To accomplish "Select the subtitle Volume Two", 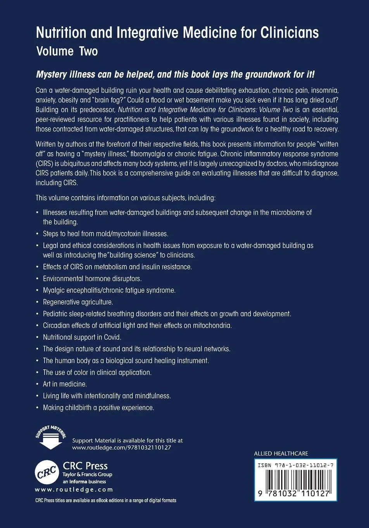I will (x=67, y=51).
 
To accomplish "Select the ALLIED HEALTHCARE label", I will (x=281, y=453).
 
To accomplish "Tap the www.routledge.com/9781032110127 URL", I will (x=122, y=447).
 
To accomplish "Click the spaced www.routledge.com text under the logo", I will (x=74, y=490).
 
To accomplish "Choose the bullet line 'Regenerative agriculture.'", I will (x=78, y=302).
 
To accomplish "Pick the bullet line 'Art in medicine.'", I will (x=65, y=384).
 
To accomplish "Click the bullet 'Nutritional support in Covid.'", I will (x=82, y=337).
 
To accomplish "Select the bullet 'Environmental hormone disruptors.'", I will (x=92, y=278).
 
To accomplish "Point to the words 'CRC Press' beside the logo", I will (x=85, y=465).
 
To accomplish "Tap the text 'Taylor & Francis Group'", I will (x=87, y=474).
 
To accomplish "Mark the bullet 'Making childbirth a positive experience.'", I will (x=98, y=407).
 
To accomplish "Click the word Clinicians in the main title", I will (x=290, y=33).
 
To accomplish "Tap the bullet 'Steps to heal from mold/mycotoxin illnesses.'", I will (x=105, y=234).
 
